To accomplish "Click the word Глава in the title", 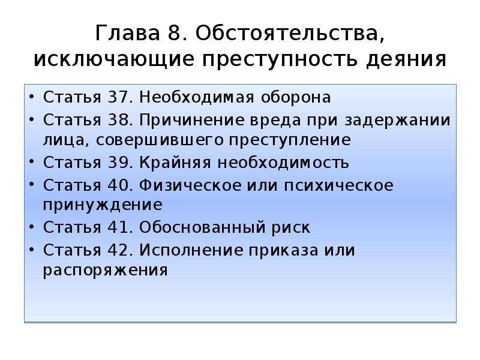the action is click(128, 32).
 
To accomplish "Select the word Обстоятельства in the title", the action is click(290, 33).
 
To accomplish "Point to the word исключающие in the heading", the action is click(113, 59).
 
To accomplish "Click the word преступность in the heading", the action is click(280, 59).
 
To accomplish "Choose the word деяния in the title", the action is click(406, 59).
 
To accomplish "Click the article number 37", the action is click(117, 97).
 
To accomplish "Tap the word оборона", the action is click(296, 97).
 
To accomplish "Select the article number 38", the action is click(117, 119).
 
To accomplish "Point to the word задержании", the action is click(397, 120).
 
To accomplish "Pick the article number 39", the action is click(117, 162).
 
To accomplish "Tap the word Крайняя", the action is click(175, 162).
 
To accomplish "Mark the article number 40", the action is click(117, 185).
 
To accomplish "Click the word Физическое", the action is click(190, 185).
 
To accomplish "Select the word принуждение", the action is click(103, 205).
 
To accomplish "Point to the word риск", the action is click(291, 228).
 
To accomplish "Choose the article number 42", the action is click(117, 250).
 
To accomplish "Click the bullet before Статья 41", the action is click(31, 227).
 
